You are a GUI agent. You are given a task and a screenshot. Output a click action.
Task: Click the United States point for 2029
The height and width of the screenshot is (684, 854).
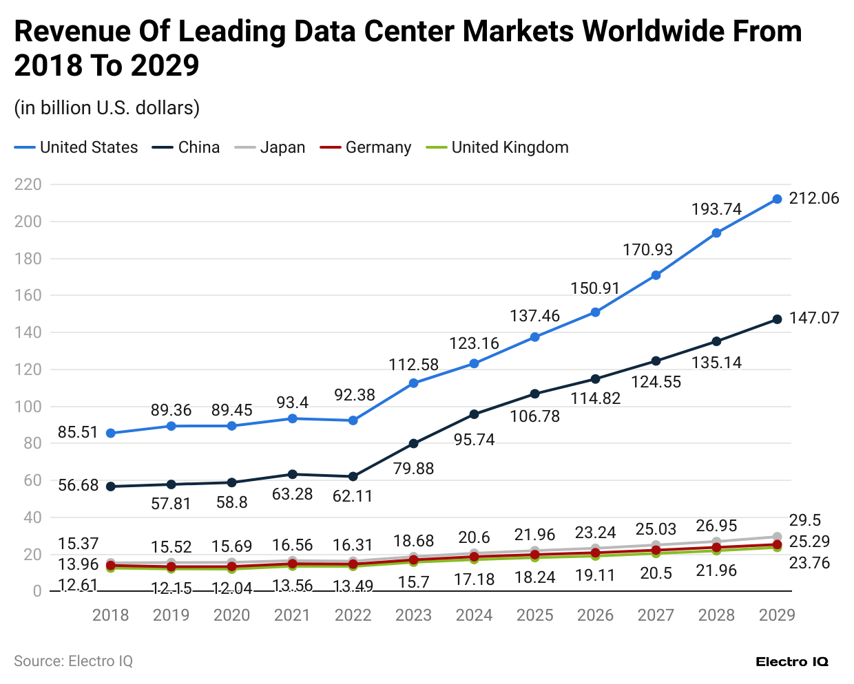[x=777, y=199]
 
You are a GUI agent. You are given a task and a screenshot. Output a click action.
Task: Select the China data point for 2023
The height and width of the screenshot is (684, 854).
[x=413, y=444]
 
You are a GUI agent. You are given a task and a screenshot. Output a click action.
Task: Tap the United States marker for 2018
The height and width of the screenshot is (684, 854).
[x=110, y=434]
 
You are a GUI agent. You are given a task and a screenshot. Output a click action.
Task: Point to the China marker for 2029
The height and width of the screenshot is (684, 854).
[x=777, y=319]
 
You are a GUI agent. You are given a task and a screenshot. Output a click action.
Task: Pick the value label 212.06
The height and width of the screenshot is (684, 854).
[x=814, y=198]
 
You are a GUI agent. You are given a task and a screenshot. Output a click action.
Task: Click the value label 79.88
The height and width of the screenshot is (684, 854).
[x=413, y=469]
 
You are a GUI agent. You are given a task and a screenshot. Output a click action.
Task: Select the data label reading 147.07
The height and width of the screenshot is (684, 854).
[x=814, y=318]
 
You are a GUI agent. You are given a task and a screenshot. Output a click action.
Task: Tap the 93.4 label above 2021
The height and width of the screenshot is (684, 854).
[x=292, y=402]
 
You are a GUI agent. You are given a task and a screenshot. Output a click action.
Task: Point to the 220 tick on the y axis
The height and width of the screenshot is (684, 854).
[x=28, y=184]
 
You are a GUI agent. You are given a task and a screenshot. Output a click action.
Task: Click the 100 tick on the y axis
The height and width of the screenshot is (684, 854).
[x=28, y=407]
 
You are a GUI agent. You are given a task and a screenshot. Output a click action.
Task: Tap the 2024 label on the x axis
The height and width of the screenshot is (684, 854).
[x=474, y=614]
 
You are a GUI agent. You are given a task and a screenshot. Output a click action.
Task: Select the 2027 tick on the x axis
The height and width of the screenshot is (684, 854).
[x=656, y=614]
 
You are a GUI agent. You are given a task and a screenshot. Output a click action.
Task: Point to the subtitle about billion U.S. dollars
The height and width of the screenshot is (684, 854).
[x=107, y=108]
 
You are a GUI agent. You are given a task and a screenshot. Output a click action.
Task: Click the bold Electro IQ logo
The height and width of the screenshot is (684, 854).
[x=792, y=662]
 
